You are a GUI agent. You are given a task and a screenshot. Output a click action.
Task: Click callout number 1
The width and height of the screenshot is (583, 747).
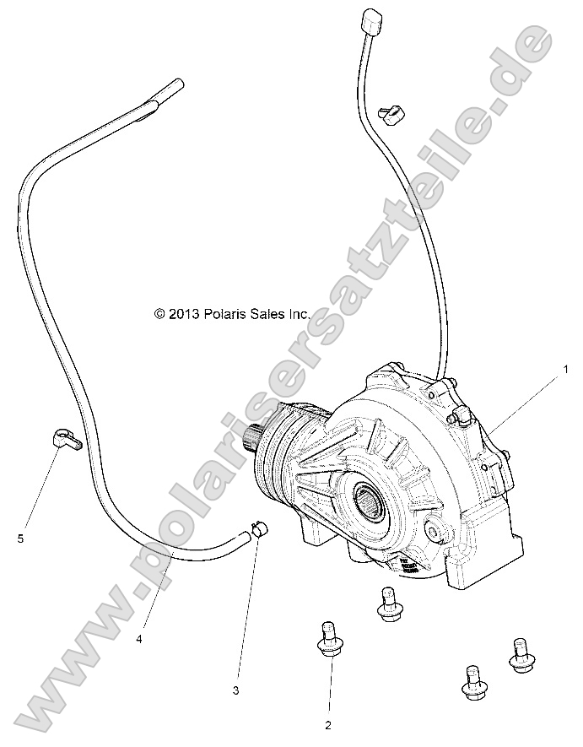[567, 368]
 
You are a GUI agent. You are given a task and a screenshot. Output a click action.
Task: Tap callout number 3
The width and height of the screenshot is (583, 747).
[237, 690]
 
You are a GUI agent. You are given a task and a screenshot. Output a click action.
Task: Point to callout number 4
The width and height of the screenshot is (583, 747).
[139, 638]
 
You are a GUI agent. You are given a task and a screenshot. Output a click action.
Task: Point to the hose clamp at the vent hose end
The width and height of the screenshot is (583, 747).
[260, 531]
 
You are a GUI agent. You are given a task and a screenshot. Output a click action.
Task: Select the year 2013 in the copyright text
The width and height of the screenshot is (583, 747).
[184, 313]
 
